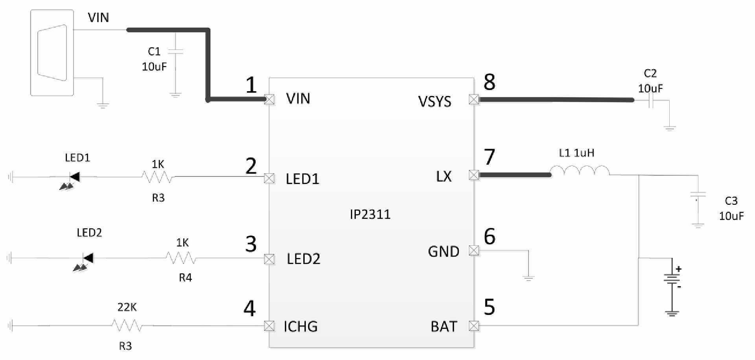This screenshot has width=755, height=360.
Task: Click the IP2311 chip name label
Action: [x=370, y=214]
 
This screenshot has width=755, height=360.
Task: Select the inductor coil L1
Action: [x=580, y=171]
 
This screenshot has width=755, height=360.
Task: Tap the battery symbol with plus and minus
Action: [x=672, y=279]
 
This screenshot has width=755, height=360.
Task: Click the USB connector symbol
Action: [x=52, y=53]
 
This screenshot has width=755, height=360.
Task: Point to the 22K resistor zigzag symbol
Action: [x=127, y=325]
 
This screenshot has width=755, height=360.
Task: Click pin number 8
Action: [x=489, y=82]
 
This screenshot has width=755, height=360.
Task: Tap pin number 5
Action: [x=489, y=307]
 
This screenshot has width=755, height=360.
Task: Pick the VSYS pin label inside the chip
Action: [x=435, y=101]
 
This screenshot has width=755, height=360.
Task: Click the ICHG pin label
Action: [x=300, y=326]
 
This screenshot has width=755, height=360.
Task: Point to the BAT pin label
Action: [x=444, y=326]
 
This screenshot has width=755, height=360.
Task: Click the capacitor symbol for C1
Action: [x=175, y=51]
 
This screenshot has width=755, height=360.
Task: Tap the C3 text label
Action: [x=731, y=201]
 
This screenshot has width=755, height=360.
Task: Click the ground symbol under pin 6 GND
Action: [x=528, y=279]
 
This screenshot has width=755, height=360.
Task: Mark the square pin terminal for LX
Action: [x=474, y=175]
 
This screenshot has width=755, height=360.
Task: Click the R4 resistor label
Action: [x=185, y=277]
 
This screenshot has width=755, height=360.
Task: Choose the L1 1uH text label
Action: [x=576, y=152]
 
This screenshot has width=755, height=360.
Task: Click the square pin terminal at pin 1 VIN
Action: [x=269, y=99]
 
